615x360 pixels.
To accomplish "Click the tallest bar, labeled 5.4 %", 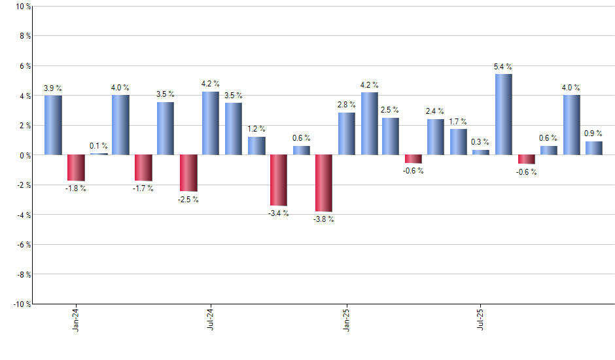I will point(504,115).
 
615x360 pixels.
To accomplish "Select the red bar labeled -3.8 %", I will point(324,183).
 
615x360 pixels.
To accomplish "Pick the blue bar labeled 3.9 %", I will point(54,125).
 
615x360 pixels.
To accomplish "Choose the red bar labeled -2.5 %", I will point(188,173).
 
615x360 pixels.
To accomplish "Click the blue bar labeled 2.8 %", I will point(347,134).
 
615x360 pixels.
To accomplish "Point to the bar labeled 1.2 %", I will point(256,145).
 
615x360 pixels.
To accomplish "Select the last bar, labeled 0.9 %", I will point(594,148).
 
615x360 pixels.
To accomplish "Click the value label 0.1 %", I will point(99,146).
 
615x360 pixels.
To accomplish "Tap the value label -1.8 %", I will point(76,189).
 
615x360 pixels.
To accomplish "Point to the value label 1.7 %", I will point(459,121).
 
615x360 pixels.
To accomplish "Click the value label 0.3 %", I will point(481,142).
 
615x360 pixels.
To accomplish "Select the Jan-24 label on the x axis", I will point(76,318).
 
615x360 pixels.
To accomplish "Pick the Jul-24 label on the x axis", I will point(211,318).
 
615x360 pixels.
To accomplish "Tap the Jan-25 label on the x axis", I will point(346,318).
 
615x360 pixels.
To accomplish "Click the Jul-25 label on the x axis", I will point(482,318).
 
